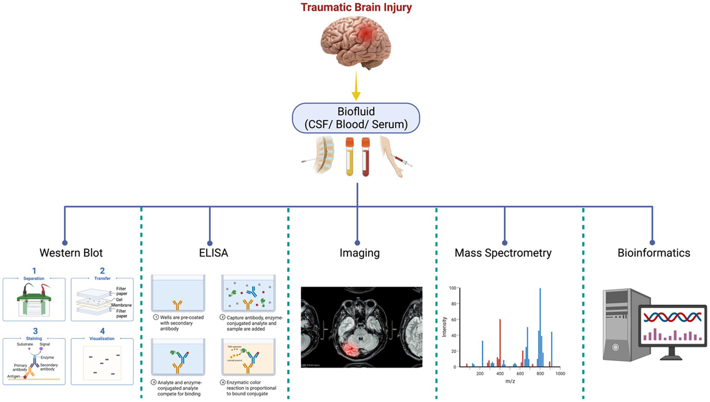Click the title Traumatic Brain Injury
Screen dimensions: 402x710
[x=356, y=7]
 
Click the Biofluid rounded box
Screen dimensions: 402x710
[x=356, y=118]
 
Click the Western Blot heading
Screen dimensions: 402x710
[x=71, y=253]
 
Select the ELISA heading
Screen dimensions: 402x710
[x=213, y=253]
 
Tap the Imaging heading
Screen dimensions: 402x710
[x=359, y=253]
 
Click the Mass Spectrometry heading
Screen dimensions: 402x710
[x=503, y=253]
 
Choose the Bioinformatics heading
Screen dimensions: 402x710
[x=654, y=253]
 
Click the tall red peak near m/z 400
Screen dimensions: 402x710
[x=500, y=342]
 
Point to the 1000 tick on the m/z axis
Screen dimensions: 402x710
[x=560, y=373]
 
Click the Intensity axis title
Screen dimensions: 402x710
[x=445, y=327]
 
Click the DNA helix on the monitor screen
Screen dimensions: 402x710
[x=672, y=317]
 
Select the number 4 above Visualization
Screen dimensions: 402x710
[x=102, y=331]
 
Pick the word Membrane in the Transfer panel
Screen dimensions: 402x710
[x=122, y=305]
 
